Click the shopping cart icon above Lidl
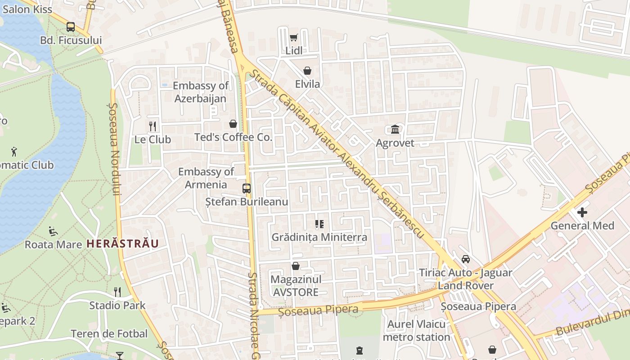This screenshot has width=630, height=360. click(x=294, y=37)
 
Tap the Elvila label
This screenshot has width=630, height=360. click(x=307, y=84)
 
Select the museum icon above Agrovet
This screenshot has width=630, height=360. click(x=395, y=130)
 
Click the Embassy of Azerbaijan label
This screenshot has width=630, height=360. click(x=201, y=92)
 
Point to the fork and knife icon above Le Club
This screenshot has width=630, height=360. click(x=153, y=126)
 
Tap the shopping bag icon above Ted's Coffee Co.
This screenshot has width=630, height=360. click(x=233, y=123)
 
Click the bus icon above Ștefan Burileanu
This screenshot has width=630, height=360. click(x=246, y=189)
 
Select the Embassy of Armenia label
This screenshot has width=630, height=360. click(x=206, y=178)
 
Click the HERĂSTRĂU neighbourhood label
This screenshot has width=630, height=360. click(x=122, y=244)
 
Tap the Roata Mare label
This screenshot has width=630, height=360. click(x=53, y=244)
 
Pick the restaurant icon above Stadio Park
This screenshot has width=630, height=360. click(x=117, y=292)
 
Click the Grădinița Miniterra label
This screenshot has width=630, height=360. click(x=319, y=237)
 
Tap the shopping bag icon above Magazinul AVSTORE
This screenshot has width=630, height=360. click(x=296, y=266)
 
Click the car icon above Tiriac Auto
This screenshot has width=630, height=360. click(x=466, y=259)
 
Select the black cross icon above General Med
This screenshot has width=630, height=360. click(x=582, y=212)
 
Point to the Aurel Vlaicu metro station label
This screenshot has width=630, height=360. click(x=416, y=330)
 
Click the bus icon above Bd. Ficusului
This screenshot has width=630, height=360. click(x=71, y=27)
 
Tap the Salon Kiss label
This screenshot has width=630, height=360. click(x=27, y=9)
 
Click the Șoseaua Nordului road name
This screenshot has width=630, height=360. click(x=115, y=148)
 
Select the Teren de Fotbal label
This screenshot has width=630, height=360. click(x=109, y=333)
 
